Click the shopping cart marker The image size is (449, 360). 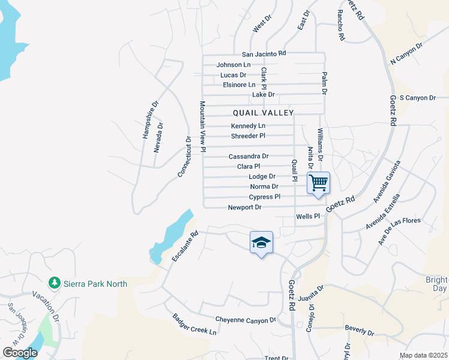[319, 182]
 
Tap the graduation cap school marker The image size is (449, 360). [261, 242]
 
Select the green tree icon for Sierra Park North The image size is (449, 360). [54, 282]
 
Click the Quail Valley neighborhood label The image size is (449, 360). [264, 113]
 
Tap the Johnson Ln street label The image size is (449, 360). [234, 64]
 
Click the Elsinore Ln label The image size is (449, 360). [239, 85]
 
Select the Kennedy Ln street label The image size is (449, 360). [248, 126]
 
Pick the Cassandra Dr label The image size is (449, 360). [248, 156]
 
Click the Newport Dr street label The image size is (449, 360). [244, 208]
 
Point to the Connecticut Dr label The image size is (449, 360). [184, 157]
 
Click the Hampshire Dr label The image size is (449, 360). [150, 119]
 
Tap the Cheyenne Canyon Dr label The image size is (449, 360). [246, 320]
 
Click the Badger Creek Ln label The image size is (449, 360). [194, 324]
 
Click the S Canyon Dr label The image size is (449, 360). [417, 97]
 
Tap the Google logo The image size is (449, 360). [20, 353]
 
